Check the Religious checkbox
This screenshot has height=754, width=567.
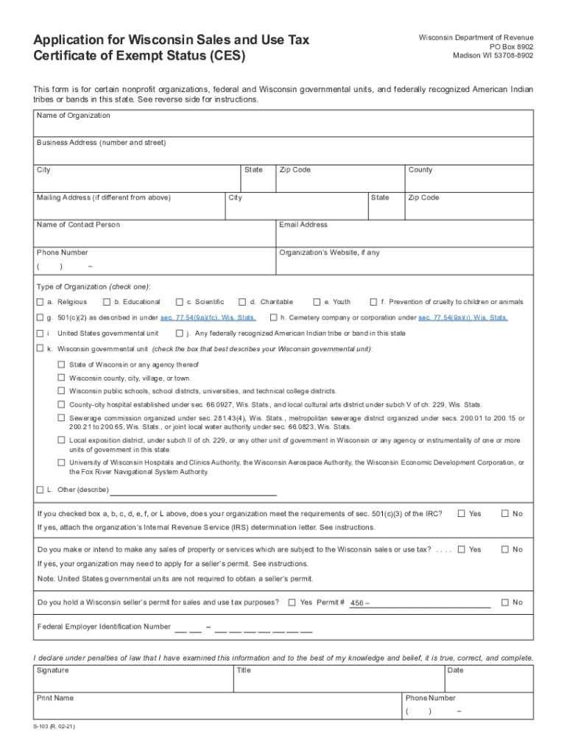(40, 302)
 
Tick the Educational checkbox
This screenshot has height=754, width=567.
(107, 302)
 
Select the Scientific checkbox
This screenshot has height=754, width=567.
(179, 302)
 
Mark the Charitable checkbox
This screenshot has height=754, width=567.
(242, 302)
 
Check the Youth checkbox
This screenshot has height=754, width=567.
(317, 302)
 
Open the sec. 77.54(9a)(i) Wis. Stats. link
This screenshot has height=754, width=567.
(462, 318)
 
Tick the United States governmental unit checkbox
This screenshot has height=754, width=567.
(40, 334)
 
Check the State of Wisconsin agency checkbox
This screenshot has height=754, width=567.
(62, 364)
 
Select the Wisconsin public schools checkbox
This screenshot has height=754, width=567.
(62, 391)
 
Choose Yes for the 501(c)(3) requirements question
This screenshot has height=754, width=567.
(462, 513)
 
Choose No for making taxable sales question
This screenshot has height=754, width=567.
(505, 549)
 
